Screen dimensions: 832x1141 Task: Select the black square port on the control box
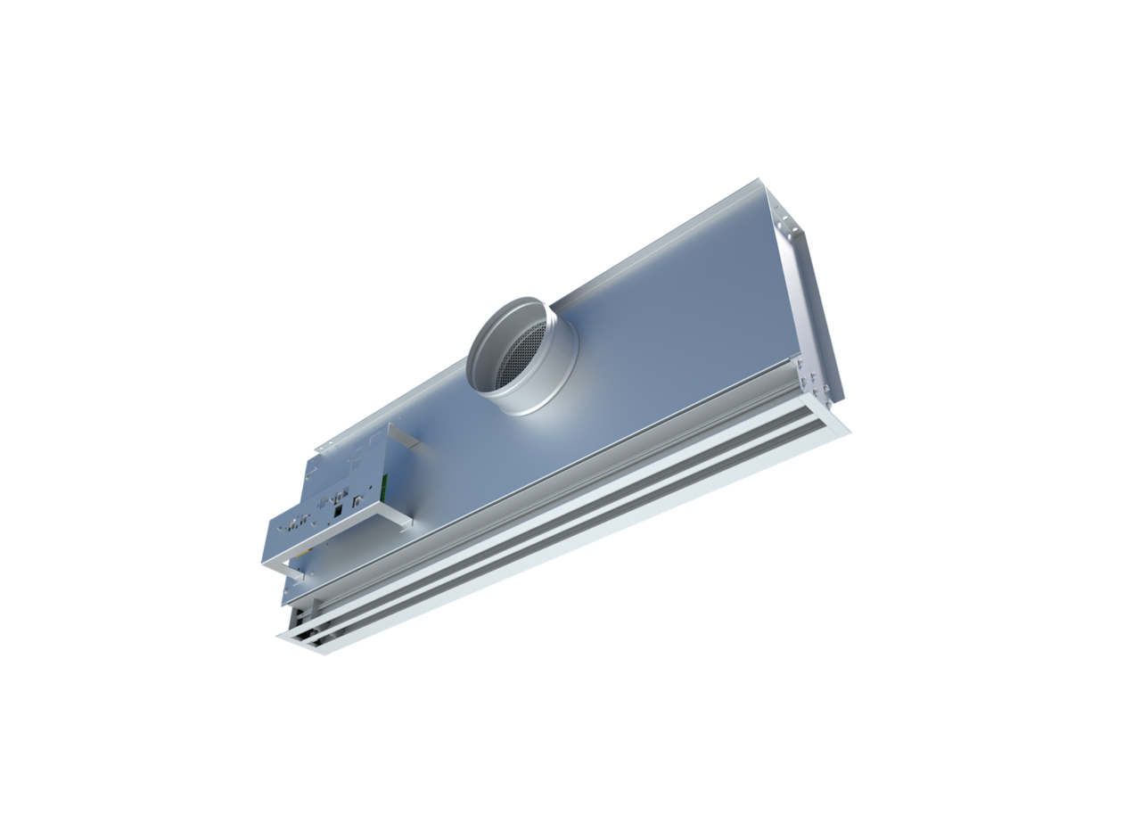pos(338,511)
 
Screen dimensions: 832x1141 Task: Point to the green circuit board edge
pos(384,485)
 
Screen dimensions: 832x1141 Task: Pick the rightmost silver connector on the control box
pos(358,502)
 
